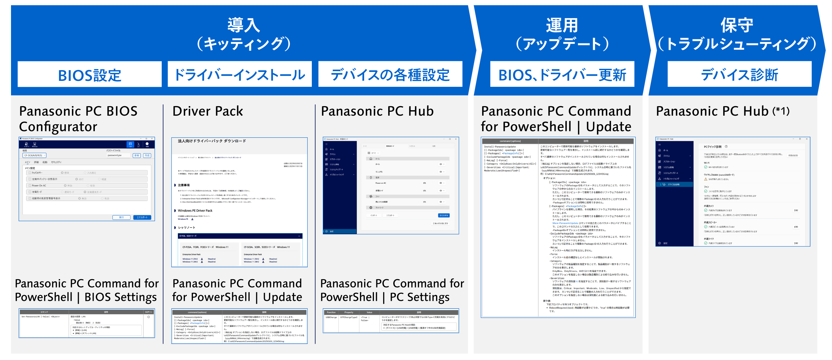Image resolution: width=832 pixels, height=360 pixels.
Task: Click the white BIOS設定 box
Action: pyautogui.click(x=89, y=74)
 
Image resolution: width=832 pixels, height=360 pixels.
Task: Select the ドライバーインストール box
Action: pyautogui.click(x=239, y=74)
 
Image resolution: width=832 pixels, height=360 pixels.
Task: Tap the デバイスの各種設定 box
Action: pyautogui.click(x=390, y=74)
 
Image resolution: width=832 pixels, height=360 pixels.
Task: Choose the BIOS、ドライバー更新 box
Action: pyautogui.click(x=562, y=74)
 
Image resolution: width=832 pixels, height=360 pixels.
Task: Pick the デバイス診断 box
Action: pyautogui.click(x=739, y=74)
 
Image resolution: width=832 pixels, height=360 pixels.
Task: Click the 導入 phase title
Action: pyautogui.click(x=243, y=25)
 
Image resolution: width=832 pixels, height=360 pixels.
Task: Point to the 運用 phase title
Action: pyautogui.click(x=562, y=25)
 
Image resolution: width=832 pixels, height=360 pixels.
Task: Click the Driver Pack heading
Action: pyautogui.click(x=207, y=111)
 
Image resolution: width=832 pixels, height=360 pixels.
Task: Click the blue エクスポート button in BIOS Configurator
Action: pyautogui.click(x=142, y=217)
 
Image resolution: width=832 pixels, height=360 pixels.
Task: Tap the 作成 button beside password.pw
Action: pyautogui.click(x=147, y=155)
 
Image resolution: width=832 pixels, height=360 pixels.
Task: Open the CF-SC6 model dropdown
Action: pyautogui.click(x=34, y=155)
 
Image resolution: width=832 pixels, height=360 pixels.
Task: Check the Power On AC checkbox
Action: pyautogui.click(x=30, y=186)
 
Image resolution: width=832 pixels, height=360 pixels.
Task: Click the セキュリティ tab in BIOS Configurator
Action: pyautogui.click(x=56, y=162)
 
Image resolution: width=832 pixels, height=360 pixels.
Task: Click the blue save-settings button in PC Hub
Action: pyautogui.click(x=443, y=215)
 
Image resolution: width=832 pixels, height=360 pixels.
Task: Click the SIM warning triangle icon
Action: pyautogui.click(x=705, y=179)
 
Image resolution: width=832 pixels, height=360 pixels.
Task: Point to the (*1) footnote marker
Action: pyautogui.click(x=781, y=111)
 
